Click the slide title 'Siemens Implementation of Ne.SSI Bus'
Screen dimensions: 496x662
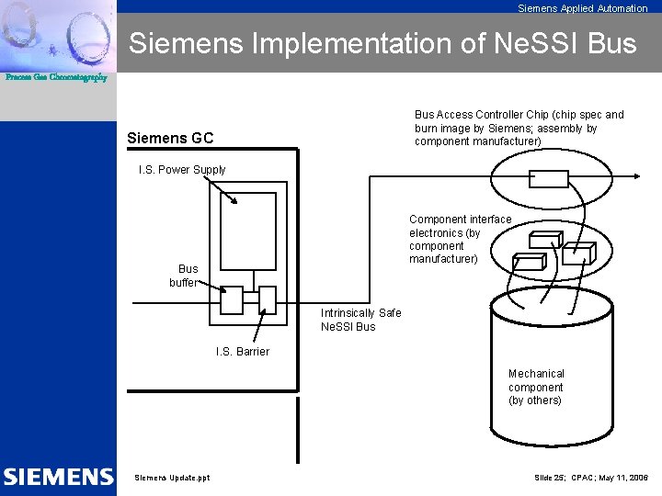382,44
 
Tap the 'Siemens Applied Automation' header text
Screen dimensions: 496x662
582,8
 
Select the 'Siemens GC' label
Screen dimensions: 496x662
170,139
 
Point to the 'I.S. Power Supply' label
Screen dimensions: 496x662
182,170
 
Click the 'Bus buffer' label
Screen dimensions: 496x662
184,276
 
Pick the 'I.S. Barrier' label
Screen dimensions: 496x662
243,352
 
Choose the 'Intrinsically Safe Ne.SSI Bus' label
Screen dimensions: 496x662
360,320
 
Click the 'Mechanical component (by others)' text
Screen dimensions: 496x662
536,387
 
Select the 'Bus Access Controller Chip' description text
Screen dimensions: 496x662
519,128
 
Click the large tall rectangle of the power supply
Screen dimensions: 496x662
248,231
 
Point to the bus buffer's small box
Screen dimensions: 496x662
233,299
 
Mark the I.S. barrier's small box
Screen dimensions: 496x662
268,299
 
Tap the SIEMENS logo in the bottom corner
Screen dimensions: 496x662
58,477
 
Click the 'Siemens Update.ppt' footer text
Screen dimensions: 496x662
172,478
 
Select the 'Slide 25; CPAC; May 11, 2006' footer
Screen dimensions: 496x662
591,478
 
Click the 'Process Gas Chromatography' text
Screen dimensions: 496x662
56,77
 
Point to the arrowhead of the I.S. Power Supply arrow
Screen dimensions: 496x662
234,201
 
